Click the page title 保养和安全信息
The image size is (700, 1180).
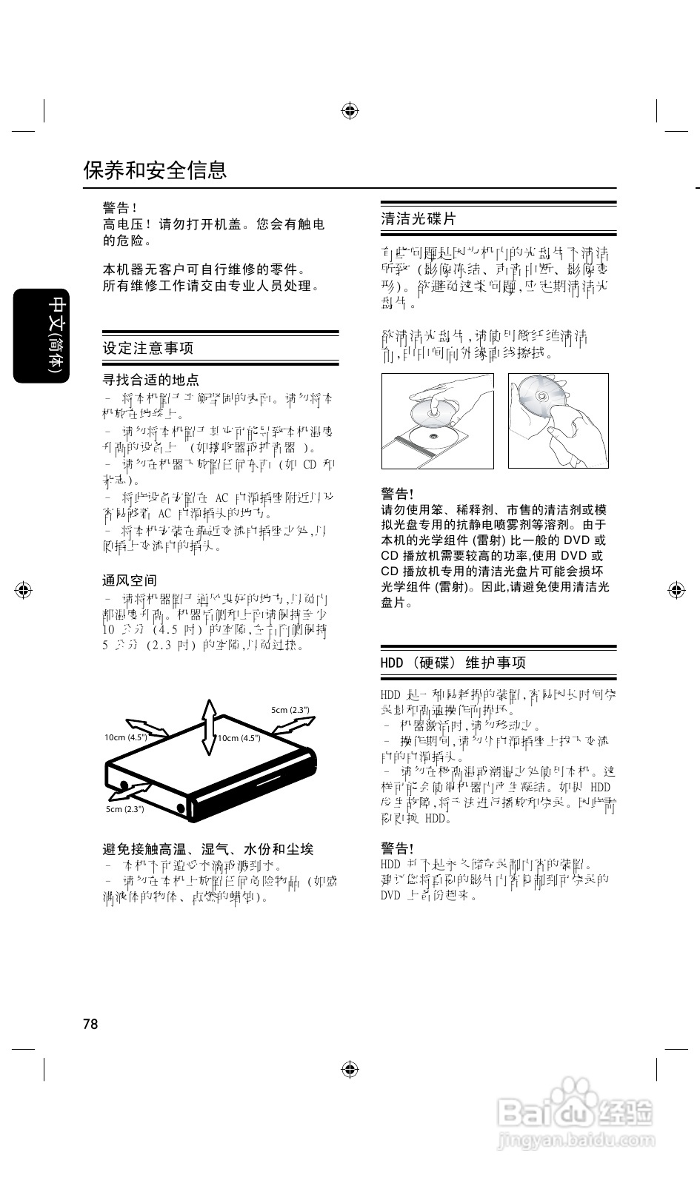[155, 170]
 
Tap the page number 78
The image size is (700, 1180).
[90, 1024]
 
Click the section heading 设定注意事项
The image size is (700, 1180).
[148, 348]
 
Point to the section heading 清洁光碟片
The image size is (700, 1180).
[419, 219]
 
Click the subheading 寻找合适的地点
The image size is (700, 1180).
[150, 380]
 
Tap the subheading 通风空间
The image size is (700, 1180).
[130, 580]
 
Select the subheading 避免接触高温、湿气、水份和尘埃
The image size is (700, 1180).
[207, 849]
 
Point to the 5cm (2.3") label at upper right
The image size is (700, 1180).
[290, 710]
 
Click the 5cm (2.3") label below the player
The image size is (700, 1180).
[124, 809]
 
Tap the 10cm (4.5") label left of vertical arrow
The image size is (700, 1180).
[125, 737]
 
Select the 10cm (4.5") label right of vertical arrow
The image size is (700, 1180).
[239, 737]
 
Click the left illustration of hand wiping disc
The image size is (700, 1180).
[437, 420]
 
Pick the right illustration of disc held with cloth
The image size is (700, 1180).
[558, 420]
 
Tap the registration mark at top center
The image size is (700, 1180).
[350, 111]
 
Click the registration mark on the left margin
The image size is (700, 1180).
[24, 590]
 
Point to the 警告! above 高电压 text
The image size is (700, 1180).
[120, 208]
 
